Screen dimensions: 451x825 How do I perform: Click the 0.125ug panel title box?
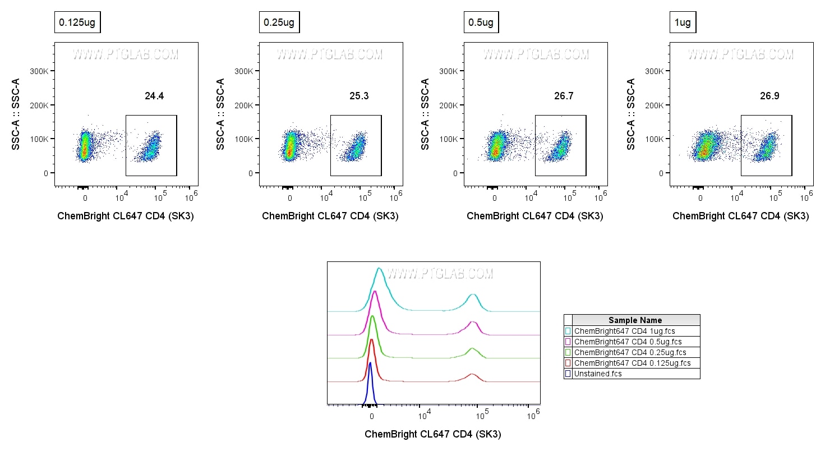(77, 23)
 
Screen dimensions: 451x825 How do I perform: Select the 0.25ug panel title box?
(279, 23)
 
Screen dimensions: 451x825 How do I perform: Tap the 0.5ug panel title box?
(481, 23)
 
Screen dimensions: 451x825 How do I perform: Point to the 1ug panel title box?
(683, 23)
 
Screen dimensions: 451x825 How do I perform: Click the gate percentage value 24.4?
(154, 96)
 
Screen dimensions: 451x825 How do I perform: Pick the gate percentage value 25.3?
(359, 96)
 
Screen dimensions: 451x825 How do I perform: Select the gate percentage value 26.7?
(564, 96)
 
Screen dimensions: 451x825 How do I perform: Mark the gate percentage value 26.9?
(769, 96)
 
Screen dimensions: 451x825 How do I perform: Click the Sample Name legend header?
(635, 320)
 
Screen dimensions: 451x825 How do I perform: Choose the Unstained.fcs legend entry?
(598, 374)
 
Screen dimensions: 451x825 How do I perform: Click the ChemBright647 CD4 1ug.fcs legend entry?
(623, 331)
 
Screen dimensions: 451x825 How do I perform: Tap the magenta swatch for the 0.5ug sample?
(568, 342)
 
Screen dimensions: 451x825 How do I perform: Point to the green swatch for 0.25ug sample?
(568, 352)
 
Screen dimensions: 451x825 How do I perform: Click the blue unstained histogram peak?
(370, 365)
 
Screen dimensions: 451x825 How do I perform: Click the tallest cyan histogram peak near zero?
(380, 270)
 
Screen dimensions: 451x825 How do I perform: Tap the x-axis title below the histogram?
(432, 434)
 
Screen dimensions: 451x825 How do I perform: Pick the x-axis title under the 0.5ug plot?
(534, 216)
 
